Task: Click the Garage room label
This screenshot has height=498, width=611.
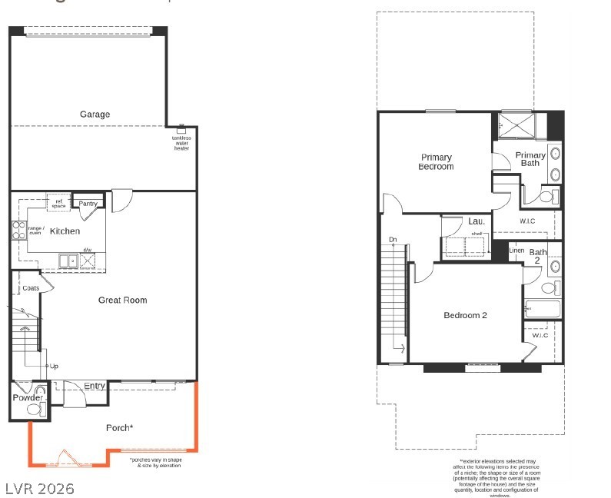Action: [x=95, y=115]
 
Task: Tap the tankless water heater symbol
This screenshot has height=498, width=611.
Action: [x=181, y=128]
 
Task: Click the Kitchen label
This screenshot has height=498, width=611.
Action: [x=65, y=231]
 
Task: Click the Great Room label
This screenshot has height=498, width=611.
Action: [x=122, y=300]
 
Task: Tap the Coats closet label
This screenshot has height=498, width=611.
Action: [x=31, y=288]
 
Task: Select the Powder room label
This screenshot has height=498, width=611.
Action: [x=27, y=397]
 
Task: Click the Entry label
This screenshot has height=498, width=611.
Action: [x=95, y=386]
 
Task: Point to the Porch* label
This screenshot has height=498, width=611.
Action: [x=120, y=427]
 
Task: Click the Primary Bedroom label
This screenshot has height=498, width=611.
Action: [x=436, y=161]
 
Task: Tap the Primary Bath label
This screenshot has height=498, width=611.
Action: [x=530, y=159]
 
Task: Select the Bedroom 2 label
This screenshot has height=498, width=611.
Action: [x=465, y=315]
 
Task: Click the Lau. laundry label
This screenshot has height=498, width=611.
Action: [x=476, y=221]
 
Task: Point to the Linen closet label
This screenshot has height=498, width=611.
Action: [x=516, y=251]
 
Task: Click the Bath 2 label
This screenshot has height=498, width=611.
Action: [x=538, y=256]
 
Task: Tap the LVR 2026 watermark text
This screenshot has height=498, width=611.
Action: [x=39, y=488]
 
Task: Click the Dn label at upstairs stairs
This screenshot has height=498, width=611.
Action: [x=393, y=239]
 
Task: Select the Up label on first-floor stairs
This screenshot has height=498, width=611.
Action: [x=54, y=366]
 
